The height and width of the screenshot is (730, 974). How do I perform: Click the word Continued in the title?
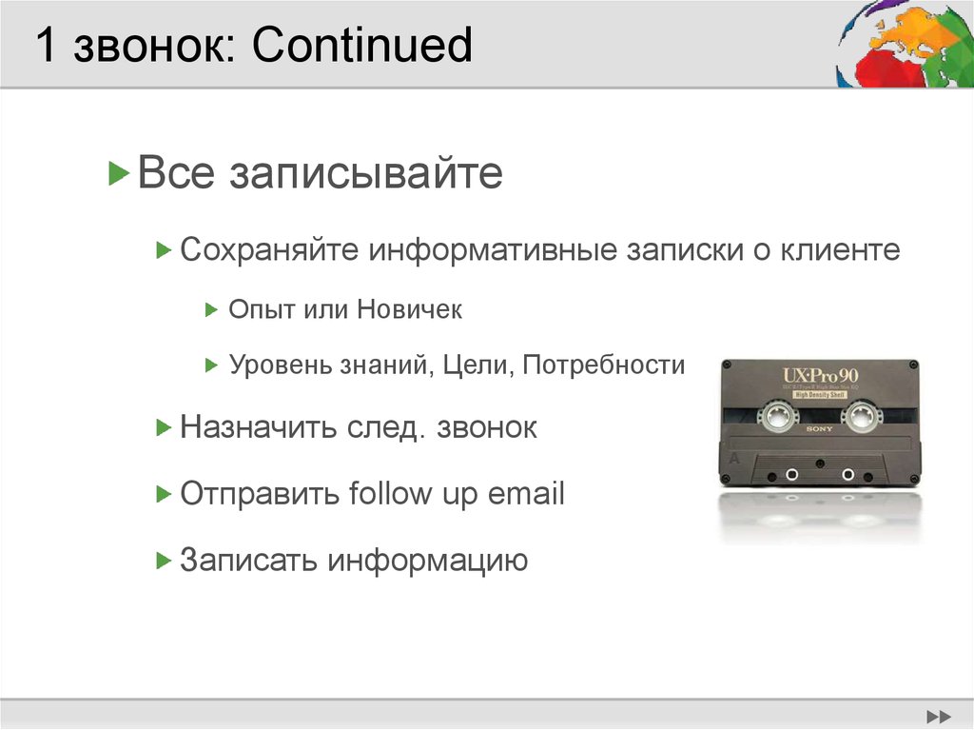pyautogui.click(x=361, y=46)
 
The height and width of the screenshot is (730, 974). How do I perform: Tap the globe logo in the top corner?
pyautogui.click(x=905, y=44)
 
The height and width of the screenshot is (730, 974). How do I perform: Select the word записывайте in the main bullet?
pyautogui.click(x=364, y=174)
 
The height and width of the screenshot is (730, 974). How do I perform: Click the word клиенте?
pyautogui.click(x=841, y=250)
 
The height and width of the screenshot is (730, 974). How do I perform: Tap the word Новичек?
pyautogui.click(x=410, y=309)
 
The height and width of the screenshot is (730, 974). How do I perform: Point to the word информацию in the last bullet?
pyautogui.click(x=428, y=560)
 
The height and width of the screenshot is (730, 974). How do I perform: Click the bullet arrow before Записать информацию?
pyautogui.click(x=163, y=560)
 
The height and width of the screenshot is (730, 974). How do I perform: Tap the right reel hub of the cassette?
pyautogui.click(x=863, y=415)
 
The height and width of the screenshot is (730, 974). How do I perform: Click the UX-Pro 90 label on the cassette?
pyautogui.click(x=819, y=374)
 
